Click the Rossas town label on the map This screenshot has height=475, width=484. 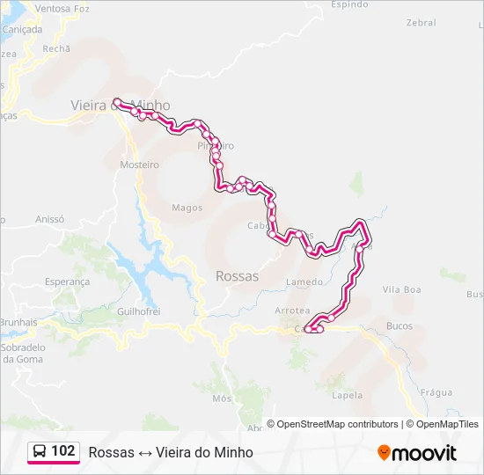click(x=237, y=276)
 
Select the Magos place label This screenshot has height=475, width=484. click(x=187, y=208)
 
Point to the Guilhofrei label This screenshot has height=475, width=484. click(x=138, y=311)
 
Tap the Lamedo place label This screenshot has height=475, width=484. click(x=304, y=282)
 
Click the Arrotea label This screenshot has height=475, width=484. click(x=292, y=311)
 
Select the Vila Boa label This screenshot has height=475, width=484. click(x=402, y=289)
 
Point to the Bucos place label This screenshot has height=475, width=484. click(x=400, y=326)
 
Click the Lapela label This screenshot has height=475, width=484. click(x=348, y=395)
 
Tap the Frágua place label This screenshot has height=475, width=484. click(x=436, y=392)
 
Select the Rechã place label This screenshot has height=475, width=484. click(x=55, y=49)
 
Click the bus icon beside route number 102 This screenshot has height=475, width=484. click(x=40, y=451)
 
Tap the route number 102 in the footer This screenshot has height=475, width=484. click(x=62, y=451)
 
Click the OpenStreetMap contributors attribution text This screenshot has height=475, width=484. click(x=337, y=424)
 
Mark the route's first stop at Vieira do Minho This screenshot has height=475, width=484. click(x=116, y=102)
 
